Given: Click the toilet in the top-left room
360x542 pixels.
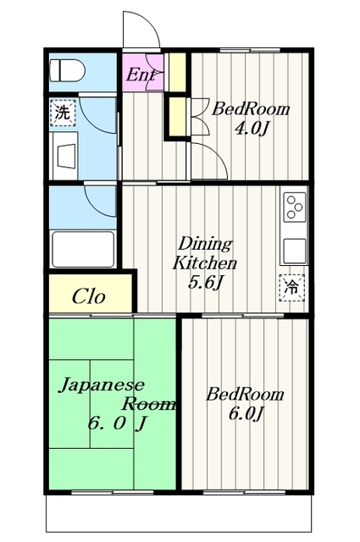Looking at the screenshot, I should coord(64,71).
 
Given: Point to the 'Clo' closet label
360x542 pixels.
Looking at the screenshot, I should coord(88,296).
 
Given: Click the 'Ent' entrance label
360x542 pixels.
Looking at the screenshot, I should coord(141,75).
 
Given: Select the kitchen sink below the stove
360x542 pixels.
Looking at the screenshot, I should coord(293,250).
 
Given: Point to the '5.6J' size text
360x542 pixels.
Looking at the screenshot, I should coord(205,281).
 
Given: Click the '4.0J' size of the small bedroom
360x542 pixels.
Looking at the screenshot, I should coord(251,129).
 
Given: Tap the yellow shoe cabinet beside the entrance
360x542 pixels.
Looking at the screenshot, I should coord(177,72).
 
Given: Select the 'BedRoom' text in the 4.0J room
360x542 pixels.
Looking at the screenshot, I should coord(250,109).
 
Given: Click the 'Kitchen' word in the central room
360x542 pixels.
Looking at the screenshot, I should coord(205,263).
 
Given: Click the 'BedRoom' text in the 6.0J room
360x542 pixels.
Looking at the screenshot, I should coord(246,395).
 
